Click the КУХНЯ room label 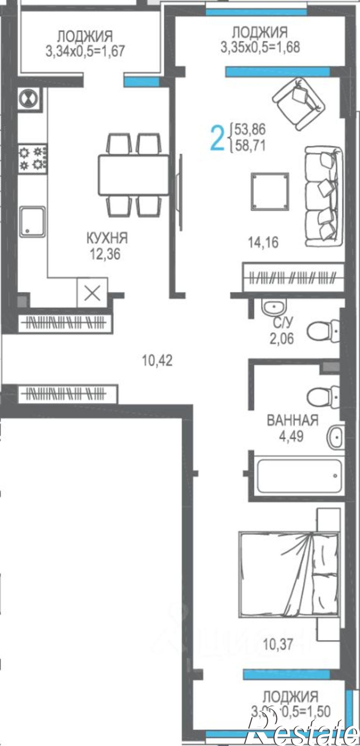(x=107, y=237)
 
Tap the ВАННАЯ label (x=292, y=420)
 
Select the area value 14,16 (x=263, y=243)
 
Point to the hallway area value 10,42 (x=157, y=361)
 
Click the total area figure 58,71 (x=250, y=145)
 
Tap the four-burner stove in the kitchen (x=33, y=158)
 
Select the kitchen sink (x=32, y=222)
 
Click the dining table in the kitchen (x=134, y=175)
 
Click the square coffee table (x=270, y=191)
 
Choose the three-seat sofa (x=324, y=197)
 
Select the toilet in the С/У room (x=323, y=330)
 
